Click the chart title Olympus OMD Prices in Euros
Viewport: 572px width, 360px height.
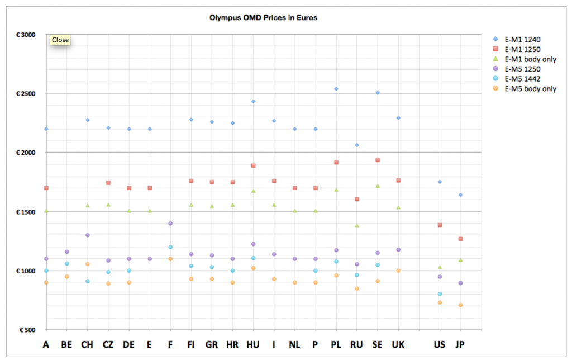[x=263, y=17]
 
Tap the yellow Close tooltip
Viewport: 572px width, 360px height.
[x=60, y=40]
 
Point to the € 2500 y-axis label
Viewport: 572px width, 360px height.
[x=25, y=93]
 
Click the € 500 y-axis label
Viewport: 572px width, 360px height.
[x=27, y=330]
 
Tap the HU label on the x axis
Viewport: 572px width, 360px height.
[x=253, y=344]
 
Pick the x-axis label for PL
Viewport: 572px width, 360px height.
[x=336, y=344]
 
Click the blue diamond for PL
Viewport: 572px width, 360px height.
[x=336, y=88]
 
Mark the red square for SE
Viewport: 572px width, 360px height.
[x=378, y=160]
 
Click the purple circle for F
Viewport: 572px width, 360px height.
[x=170, y=224]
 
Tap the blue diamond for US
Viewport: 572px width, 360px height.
[x=440, y=182]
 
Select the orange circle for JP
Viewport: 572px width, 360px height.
[x=460, y=305]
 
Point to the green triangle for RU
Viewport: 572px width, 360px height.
[x=356, y=225]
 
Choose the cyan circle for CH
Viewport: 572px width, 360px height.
[x=88, y=281]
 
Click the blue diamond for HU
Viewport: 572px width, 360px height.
[x=253, y=101]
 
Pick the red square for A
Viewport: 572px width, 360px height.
[x=46, y=188]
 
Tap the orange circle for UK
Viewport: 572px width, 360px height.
[x=398, y=271]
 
